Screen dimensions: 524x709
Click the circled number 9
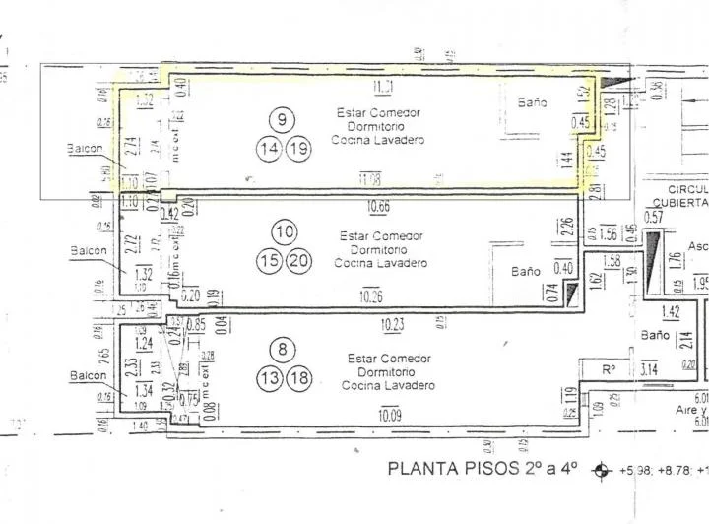[283, 120]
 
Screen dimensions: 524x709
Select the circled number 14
[269, 149]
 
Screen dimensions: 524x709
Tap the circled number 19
[297, 149]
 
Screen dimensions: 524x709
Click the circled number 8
[284, 348]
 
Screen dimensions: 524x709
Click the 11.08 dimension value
[373, 178]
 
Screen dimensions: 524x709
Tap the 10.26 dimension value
[372, 295]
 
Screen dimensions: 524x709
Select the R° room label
[610, 370]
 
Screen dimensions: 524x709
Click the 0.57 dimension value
[653, 217]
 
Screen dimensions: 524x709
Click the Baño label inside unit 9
[533, 102]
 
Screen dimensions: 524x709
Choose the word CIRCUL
[687, 188]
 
